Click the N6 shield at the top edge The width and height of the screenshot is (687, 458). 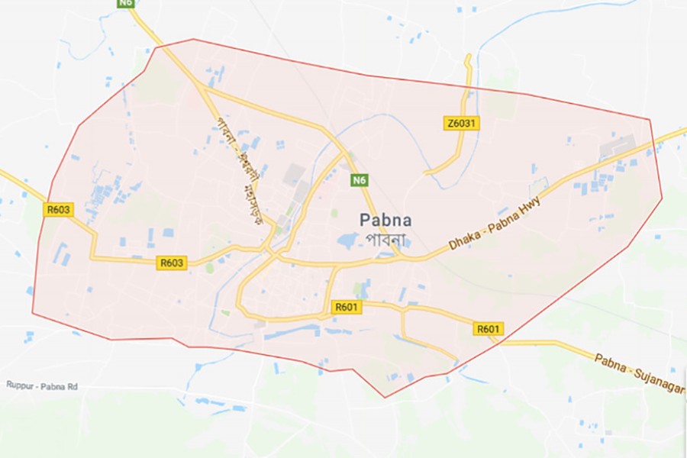pyautogui.click(x=126, y=4)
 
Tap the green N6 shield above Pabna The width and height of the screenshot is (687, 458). pyautogui.click(x=360, y=180)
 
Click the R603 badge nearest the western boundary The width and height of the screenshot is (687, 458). pyautogui.click(x=58, y=209)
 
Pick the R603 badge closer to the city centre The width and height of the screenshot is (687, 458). pyautogui.click(x=172, y=263)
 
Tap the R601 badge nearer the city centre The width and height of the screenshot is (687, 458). pyautogui.click(x=347, y=307)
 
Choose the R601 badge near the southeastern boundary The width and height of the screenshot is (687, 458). pyautogui.click(x=489, y=329)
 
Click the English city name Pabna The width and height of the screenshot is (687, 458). pyautogui.click(x=385, y=221)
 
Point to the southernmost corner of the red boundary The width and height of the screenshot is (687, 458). pyautogui.click(x=385, y=398)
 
